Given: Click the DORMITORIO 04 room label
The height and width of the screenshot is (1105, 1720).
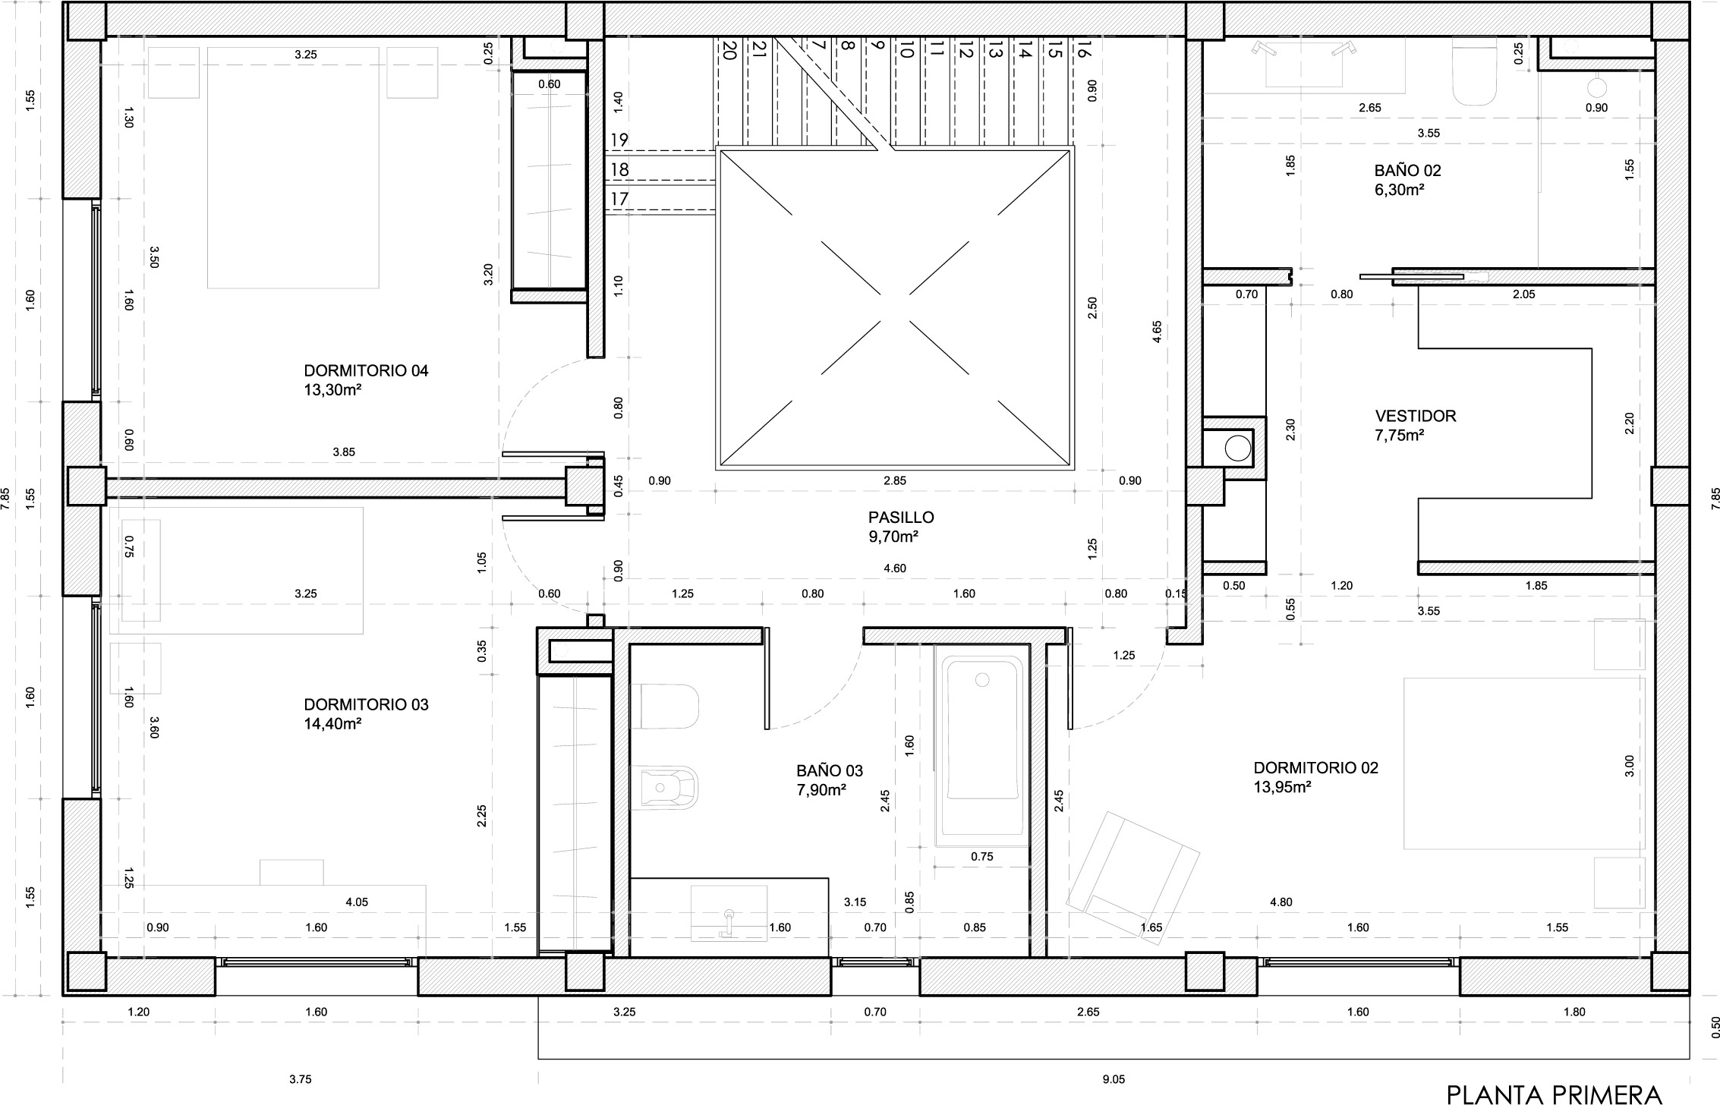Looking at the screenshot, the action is (x=366, y=371).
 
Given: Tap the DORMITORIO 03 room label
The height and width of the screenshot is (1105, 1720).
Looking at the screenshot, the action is (x=366, y=705).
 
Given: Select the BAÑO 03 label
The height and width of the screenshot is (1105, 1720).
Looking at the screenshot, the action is (x=830, y=771).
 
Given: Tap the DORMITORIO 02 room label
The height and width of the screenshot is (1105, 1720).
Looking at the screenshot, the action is (x=1315, y=768).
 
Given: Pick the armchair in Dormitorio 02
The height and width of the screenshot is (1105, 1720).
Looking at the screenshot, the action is (x=1132, y=879).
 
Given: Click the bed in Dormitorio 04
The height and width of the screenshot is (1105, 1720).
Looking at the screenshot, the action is (x=293, y=168).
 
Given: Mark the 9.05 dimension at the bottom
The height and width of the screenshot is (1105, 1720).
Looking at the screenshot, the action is (x=1114, y=1079).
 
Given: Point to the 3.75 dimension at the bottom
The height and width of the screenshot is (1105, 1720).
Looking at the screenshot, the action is (x=301, y=1079).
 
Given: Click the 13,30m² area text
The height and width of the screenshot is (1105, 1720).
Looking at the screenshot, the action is (x=332, y=390).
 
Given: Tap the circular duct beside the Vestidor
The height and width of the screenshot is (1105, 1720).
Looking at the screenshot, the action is (x=1238, y=449).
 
